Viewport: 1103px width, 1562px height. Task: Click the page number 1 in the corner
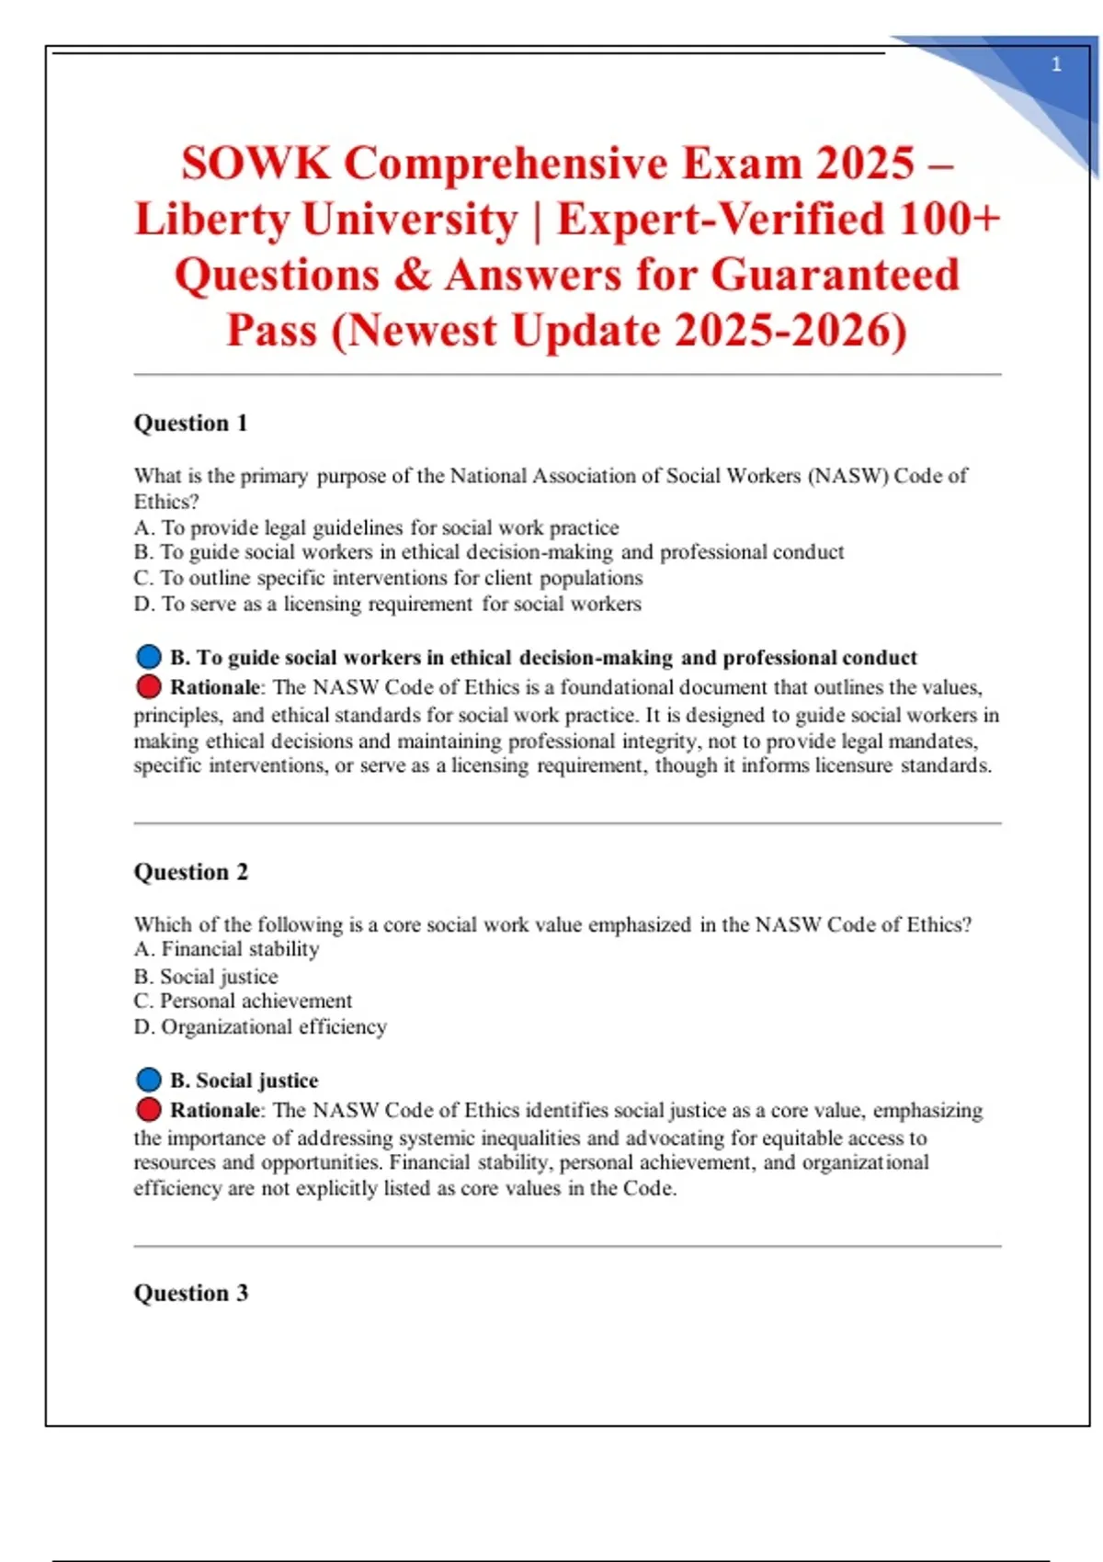[1056, 64]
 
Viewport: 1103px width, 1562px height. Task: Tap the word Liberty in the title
[212, 220]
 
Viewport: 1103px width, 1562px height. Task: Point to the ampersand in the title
[414, 275]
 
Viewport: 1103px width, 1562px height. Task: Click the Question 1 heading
[191, 424]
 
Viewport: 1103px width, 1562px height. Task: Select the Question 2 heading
[191, 872]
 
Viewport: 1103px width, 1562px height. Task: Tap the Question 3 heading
[191, 1293]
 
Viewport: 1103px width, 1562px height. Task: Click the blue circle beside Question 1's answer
[148, 657]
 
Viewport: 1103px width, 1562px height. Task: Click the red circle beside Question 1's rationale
[148, 686]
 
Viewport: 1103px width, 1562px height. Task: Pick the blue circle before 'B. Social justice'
[148, 1080]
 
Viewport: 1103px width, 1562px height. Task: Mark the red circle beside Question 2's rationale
[148, 1110]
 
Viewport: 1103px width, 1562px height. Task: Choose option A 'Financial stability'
[227, 949]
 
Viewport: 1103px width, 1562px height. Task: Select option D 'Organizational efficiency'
[260, 1026]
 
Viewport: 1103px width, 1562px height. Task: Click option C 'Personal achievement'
[243, 1001]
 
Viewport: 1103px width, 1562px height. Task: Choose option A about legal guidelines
[376, 527]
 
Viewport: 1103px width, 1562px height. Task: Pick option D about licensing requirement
[387, 604]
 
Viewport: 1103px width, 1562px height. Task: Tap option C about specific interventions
[388, 578]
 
